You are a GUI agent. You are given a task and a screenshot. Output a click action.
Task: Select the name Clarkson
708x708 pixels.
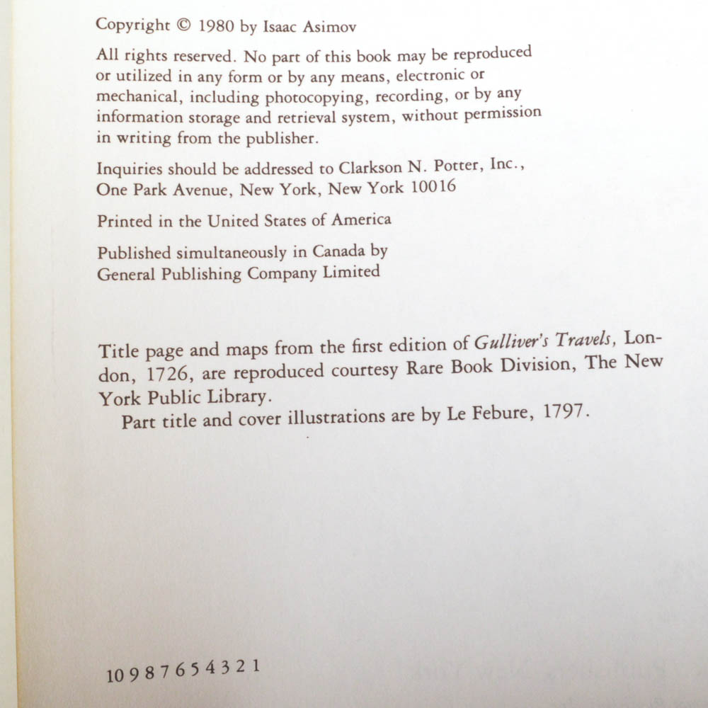click(x=374, y=169)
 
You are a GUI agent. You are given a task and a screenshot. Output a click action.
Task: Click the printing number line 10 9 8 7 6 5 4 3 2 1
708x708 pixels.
click(x=183, y=670)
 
